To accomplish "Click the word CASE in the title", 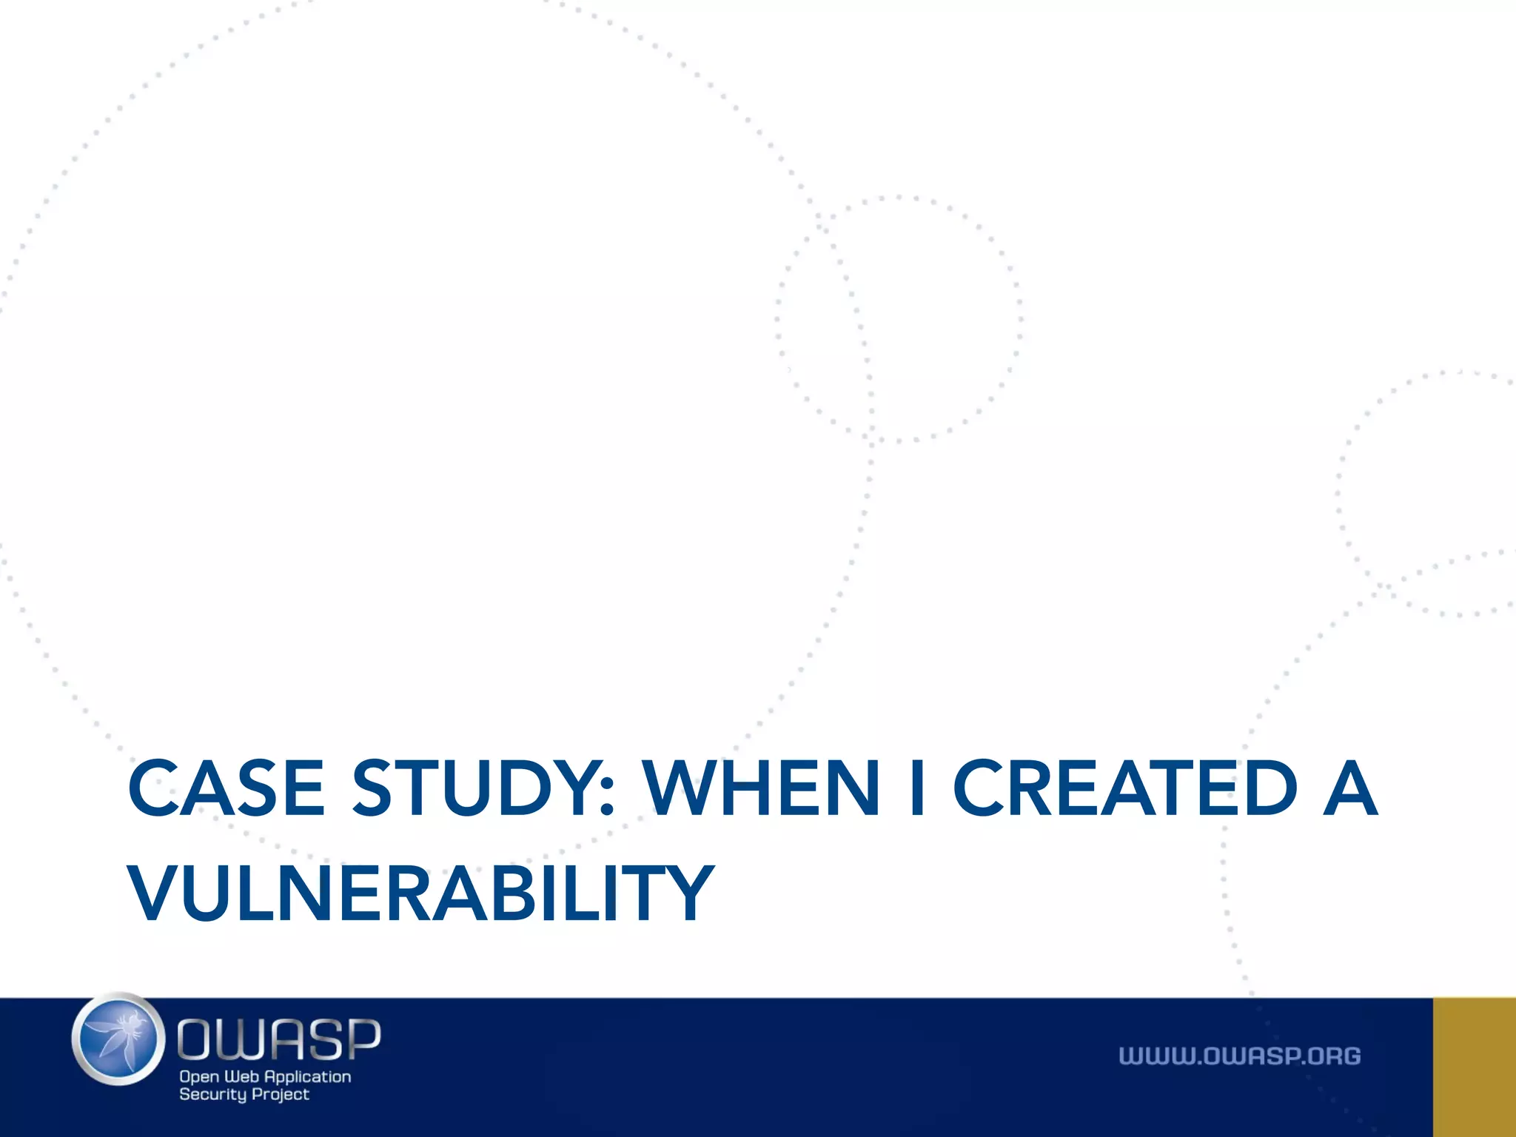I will click(x=226, y=789).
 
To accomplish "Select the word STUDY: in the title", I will click(x=483, y=789).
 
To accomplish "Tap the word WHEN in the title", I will click(x=762, y=789).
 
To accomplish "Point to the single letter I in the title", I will click(x=916, y=789).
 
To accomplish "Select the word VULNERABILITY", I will click(x=420, y=894).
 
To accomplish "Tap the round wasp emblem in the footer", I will click(x=118, y=1039).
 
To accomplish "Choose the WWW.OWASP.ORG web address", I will click(x=1239, y=1056).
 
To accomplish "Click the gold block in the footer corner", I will click(x=1475, y=1067).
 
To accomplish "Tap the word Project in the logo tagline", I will click(x=281, y=1095).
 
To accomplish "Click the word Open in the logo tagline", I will click(x=199, y=1077).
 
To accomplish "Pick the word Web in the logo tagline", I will click(x=241, y=1077).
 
